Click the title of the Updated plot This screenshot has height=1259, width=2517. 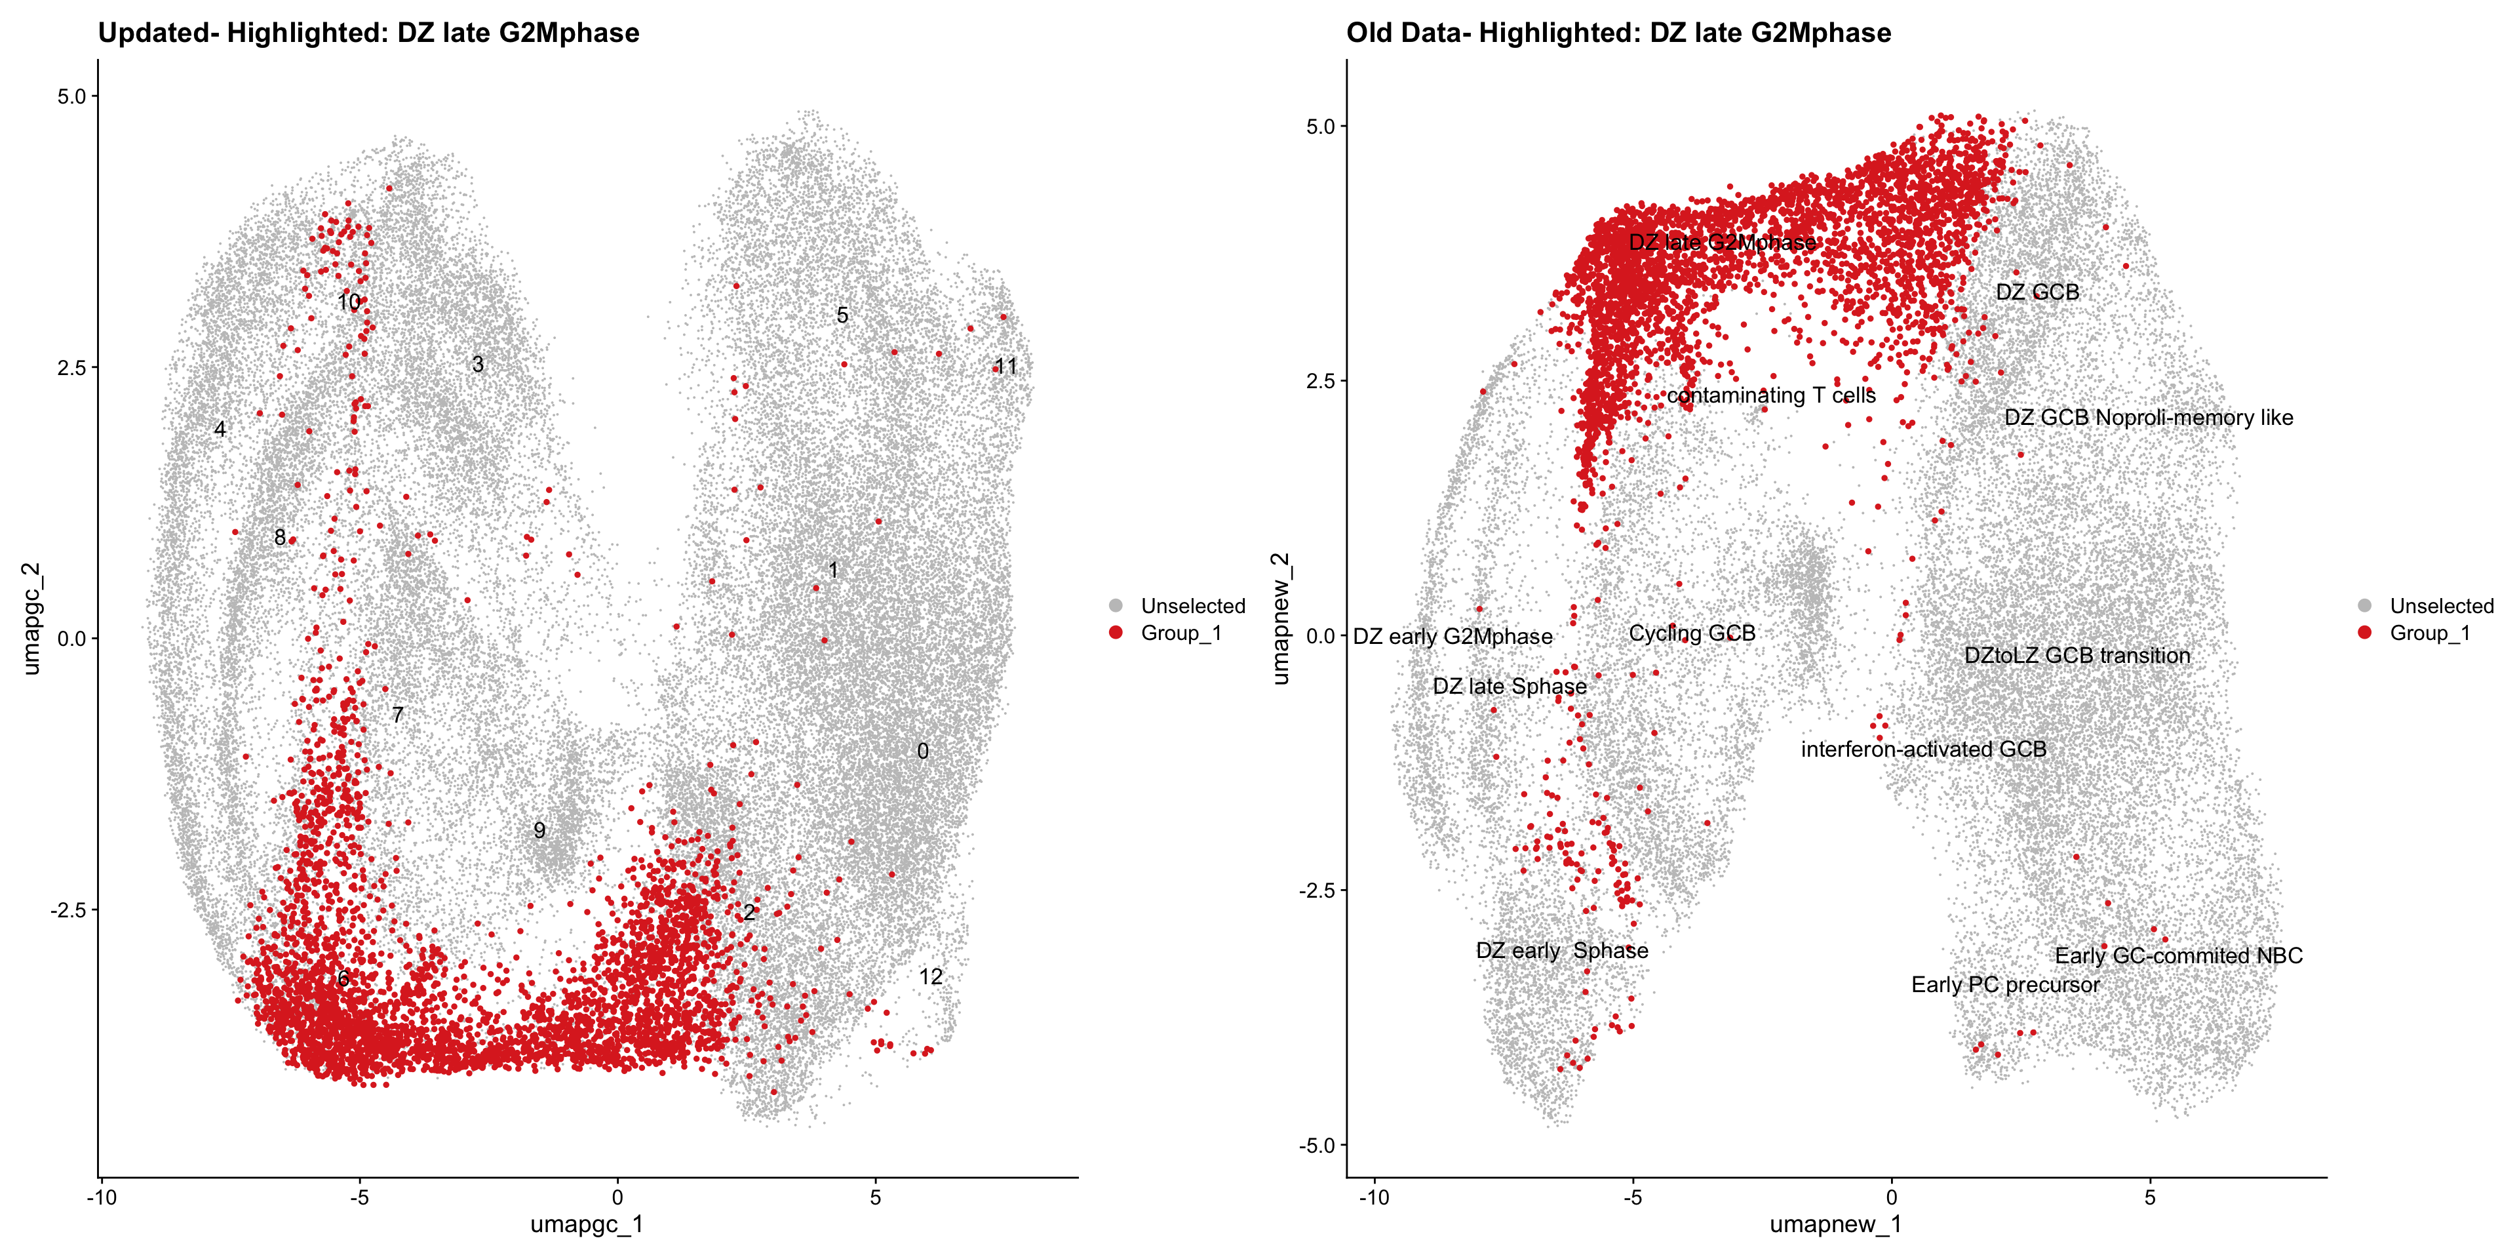click(368, 33)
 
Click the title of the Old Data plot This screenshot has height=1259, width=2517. click(1618, 33)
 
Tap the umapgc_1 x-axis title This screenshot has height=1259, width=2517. click(586, 1224)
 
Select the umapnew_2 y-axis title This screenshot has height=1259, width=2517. click(1280, 618)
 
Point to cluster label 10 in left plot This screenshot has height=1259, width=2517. click(349, 302)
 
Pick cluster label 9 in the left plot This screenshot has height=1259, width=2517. click(539, 830)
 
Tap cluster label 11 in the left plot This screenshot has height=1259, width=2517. click(1005, 367)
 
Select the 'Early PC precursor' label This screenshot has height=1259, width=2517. click(2005, 984)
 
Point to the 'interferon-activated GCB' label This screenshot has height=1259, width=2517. click(1923, 749)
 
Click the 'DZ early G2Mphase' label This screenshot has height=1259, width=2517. click(1452, 636)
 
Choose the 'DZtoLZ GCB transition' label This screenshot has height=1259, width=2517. click(2077, 655)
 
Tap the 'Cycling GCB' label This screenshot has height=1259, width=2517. click(1691, 633)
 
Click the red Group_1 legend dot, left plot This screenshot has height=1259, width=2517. click(1116, 632)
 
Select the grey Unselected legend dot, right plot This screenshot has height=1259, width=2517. click(2364, 606)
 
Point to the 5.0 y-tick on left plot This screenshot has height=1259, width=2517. click(72, 96)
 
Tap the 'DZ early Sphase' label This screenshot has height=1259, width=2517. click(1561, 950)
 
